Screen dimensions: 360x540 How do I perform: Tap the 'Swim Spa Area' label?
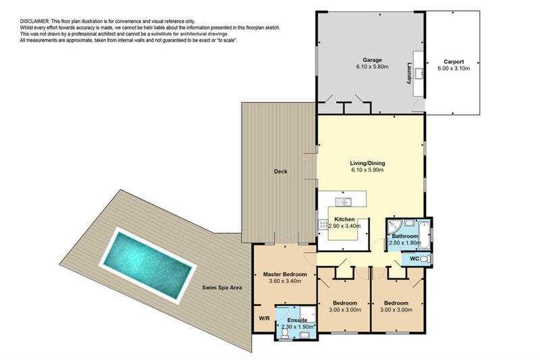(x=222, y=288)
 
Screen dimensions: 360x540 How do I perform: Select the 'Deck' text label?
(x=280, y=172)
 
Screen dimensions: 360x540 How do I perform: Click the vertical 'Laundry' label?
(x=409, y=73)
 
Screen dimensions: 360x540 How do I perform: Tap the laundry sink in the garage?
(x=418, y=73)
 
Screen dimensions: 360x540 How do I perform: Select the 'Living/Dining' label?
(x=367, y=163)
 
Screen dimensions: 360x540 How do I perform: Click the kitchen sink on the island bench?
(x=346, y=201)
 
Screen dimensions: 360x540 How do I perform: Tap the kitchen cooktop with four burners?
(x=321, y=227)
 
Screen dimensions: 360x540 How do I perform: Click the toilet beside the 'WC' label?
(x=427, y=259)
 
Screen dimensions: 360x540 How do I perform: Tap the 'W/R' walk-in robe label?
(x=263, y=318)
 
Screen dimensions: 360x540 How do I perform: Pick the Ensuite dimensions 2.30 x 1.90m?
(x=298, y=327)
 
